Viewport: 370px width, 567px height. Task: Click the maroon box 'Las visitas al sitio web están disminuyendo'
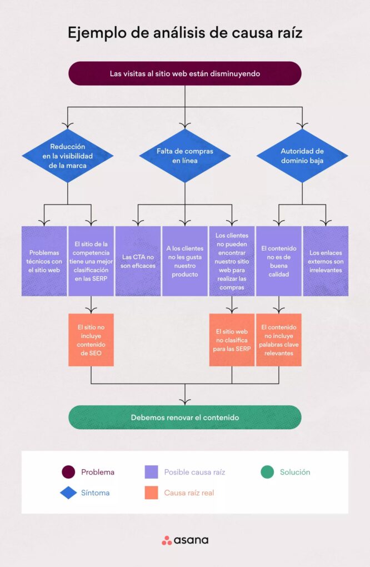pyautogui.click(x=184, y=73)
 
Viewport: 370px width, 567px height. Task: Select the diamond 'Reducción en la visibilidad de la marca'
pyautogui.click(x=68, y=156)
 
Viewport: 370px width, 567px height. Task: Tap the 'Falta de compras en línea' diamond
pyautogui.click(x=184, y=156)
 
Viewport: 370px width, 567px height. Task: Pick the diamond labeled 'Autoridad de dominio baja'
pyautogui.click(x=302, y=156)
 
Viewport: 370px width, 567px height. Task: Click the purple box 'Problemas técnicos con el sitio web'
pyautogui.click(x=44, y=261)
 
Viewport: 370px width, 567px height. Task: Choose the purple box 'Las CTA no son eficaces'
pyautogui.click(x=138, y=261)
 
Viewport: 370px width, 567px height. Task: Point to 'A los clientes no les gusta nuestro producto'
pyautogui.click(x=185, y=261)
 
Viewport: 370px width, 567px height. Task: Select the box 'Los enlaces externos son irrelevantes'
pyautogui.click(x=326, y=261)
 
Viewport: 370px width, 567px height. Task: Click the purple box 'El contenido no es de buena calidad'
pyautogui.click(x=278, y=261)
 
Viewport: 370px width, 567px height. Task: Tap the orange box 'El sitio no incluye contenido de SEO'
pyautogui.click(x=91, y=340)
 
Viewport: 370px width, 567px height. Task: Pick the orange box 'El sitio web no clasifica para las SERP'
pyautogui.click(x=232, y=340)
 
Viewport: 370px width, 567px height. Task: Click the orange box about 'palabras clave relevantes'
pyautogui.click(x=278, y=340)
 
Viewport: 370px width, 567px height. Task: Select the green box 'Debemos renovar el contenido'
pyautogui.click(x=184, y=417)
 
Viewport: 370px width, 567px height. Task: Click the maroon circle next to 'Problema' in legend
pyautogui.click(x=68, y=472)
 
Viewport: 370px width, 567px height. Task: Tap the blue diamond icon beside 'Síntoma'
pyautogui.click(x=68, y=493)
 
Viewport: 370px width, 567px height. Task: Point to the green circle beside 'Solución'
pyautogui.click(x=267, y=472)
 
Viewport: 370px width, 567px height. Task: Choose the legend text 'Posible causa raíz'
pyautogui.click(x=194, y=472)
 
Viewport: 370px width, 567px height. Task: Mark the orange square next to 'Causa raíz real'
pyautogui.click(x=151, y=493)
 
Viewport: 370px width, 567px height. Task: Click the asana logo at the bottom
pyautogui.click(x=185, y=540)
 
